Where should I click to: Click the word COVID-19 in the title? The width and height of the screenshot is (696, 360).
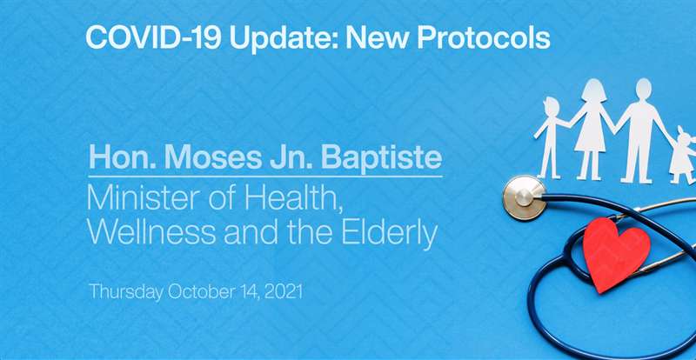tap(153, 38)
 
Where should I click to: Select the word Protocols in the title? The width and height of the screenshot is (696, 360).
tap(484, 38)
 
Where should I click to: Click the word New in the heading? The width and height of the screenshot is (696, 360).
tap(376, 38)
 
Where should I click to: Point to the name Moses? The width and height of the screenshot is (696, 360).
tap(212, 157)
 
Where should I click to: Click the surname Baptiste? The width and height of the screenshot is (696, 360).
tap(381, 158)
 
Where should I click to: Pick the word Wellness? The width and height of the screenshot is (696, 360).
tap(151, 232)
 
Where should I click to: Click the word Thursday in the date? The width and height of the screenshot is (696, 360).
tap(125, 292)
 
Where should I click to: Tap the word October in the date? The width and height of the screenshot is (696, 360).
tap(202, 292)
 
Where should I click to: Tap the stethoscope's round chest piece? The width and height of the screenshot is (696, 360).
tap(525, 197)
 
